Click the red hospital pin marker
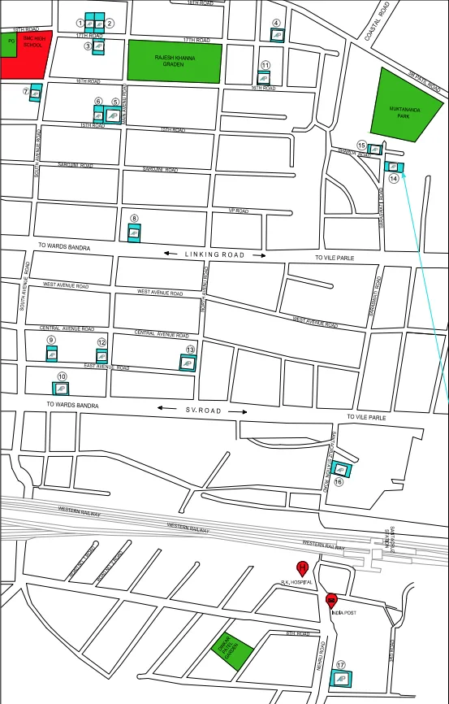[x=302, y=568]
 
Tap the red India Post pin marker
[x=331, y=601]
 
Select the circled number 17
[x=341, y=664]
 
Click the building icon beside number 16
[x=339, y=469]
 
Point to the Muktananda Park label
[x=402, y=111]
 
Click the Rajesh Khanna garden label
[x=175, y=63]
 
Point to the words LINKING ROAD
[x=214, y=254]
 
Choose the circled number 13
[x=190, y=350]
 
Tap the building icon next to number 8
[x=135, y=233]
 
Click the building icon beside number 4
[x=278, y=35]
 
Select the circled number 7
[x=26, y=91]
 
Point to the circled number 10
[x=63, y=376]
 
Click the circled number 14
[x=394, y=177]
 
